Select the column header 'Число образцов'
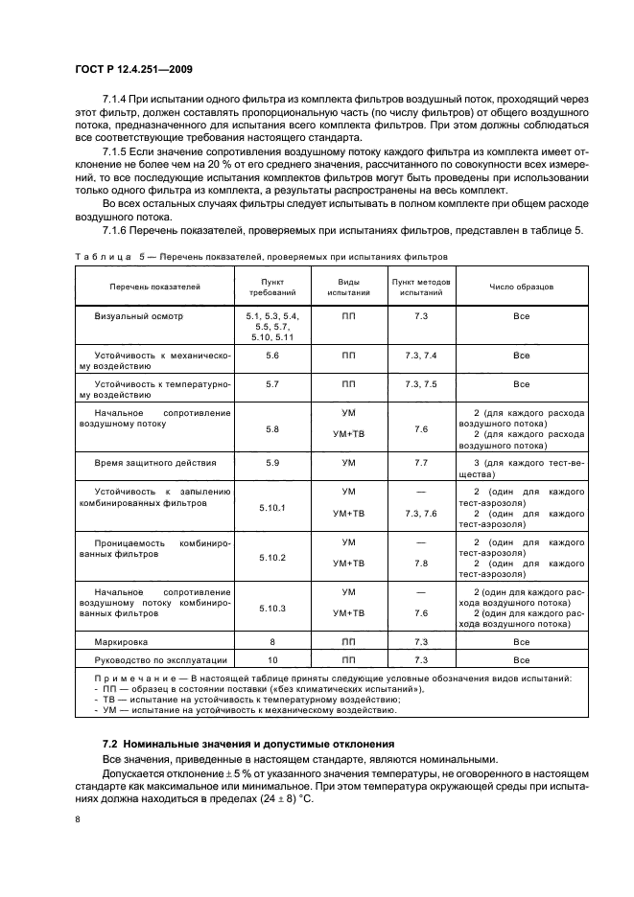(x=521, y=287)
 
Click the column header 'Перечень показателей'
(x=154, y=287)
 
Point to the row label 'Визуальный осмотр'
(x=138, y=315)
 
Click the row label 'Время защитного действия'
(x=154, y=463)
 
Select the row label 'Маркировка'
(x=121, y=641)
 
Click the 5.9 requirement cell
(x=272, y=463)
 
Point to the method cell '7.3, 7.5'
(x=421, y=383)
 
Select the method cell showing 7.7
(x=421, y=463)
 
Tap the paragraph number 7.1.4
(x=116, y=101)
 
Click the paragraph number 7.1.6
(x=116, y=230)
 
